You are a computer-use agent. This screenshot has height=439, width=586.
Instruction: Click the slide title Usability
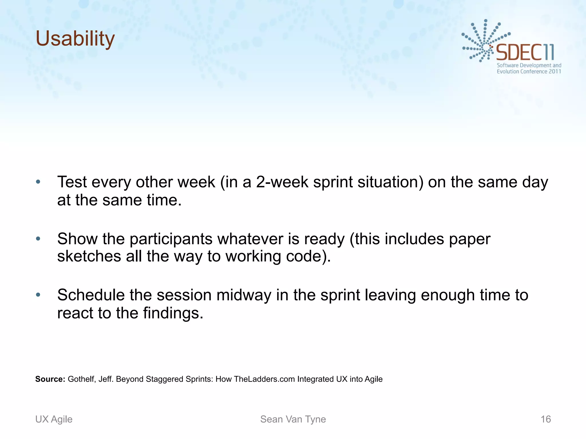[75, 39]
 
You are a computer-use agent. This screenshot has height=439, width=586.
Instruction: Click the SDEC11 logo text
[525, 52]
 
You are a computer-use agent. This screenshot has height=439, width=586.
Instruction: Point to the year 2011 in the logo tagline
[555, 71]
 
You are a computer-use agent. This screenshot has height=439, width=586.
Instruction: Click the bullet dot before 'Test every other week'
[38, 182]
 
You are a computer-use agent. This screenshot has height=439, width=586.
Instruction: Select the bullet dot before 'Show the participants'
[38, 238]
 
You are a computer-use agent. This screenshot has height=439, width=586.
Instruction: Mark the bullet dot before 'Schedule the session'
[38, 295]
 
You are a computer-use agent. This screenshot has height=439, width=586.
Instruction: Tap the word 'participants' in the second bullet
[171, 239]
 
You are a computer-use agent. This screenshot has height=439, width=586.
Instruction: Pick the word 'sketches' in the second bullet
[89, 256]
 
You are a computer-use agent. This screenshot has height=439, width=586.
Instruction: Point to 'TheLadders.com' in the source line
[264, 379]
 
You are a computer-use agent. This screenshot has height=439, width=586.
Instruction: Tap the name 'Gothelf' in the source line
[81, 379]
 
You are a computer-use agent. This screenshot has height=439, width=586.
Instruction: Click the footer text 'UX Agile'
[54, 419]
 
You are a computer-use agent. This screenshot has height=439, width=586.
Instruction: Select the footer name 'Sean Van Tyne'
[293, 419]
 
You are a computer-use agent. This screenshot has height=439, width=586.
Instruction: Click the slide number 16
[546, 419]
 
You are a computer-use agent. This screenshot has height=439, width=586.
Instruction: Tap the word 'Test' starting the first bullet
[72, 182]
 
